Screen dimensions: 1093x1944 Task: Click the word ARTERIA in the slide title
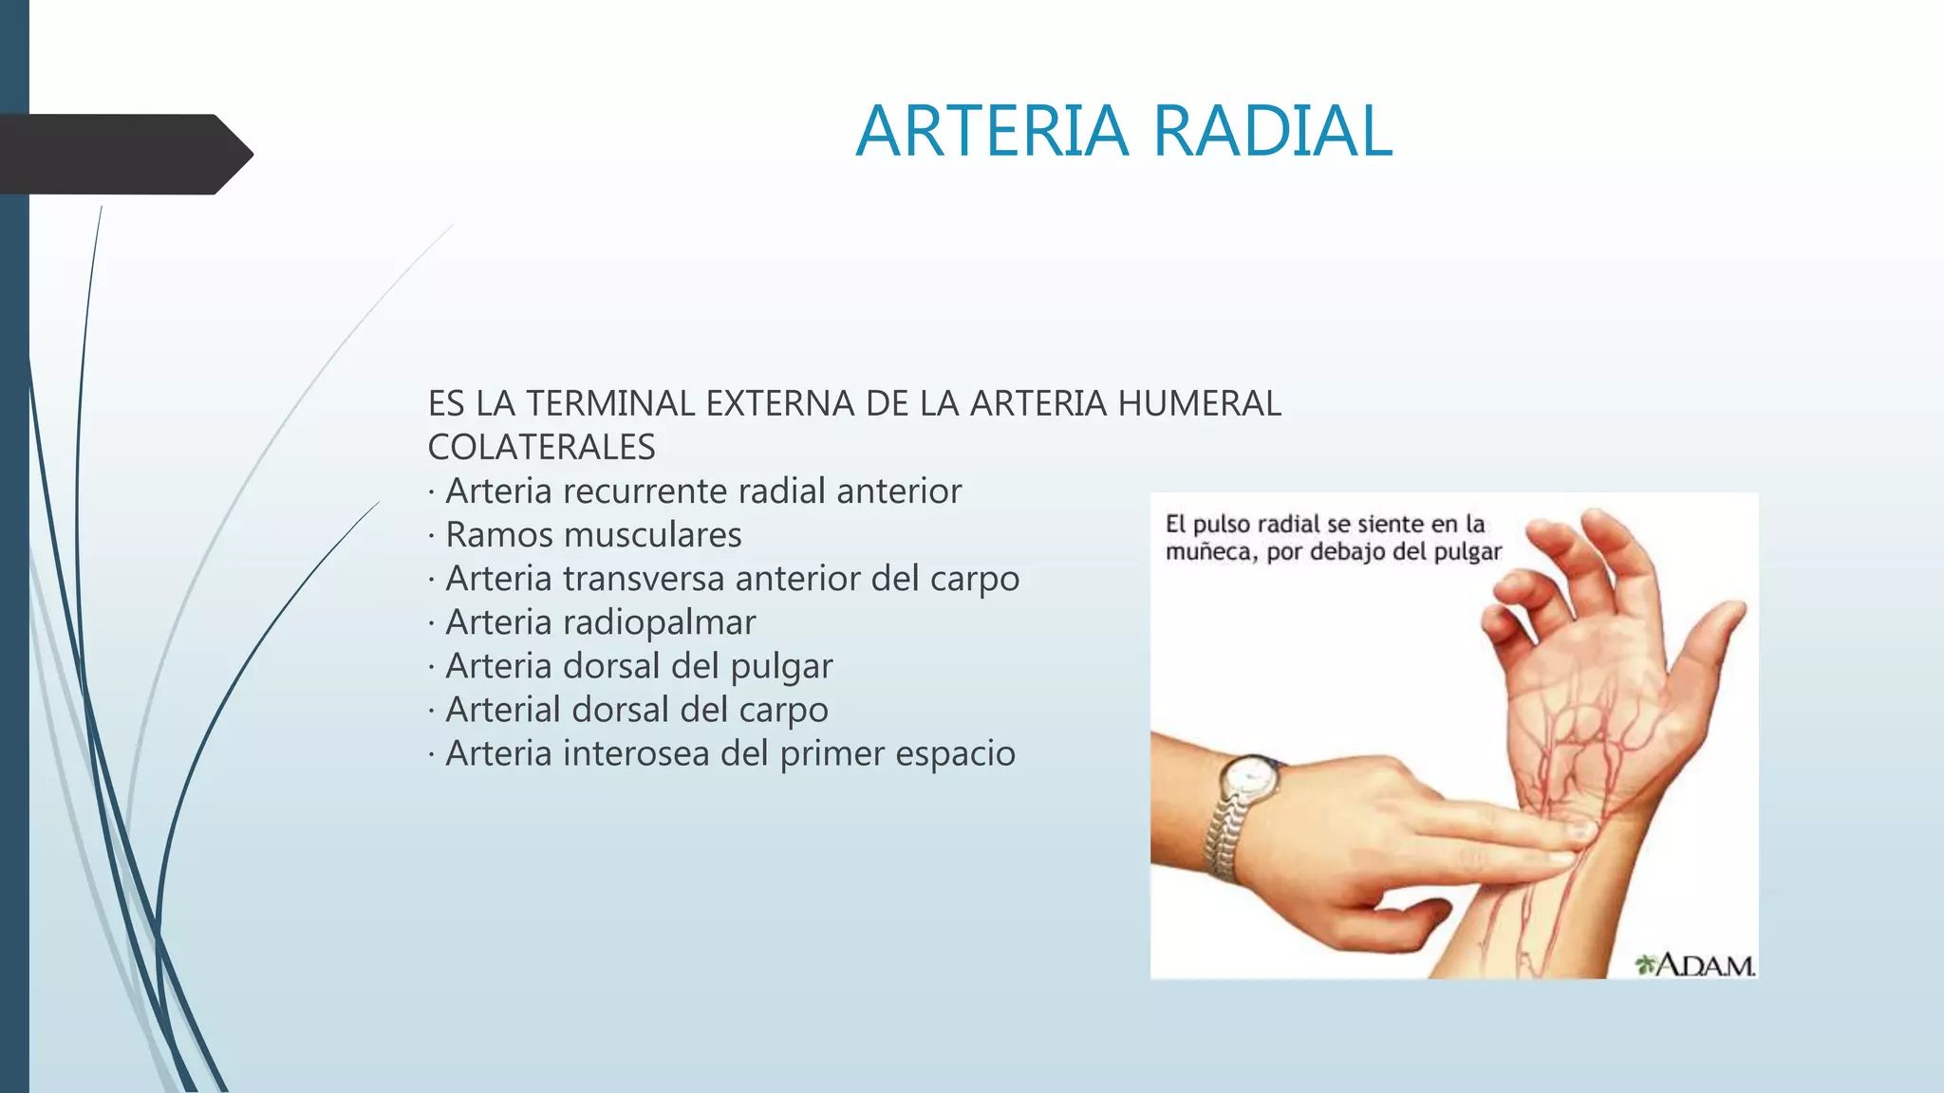click(x=992, y=131)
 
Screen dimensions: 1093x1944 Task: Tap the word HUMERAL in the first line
click(x=1199, y=404)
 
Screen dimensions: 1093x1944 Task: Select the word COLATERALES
click(x=541, y=448)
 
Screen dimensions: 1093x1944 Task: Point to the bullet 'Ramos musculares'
click(x=593, y=535)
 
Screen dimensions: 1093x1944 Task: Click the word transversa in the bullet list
click(x=644, y=579)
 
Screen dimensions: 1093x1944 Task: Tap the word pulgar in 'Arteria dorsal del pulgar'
click(x=781, y=667)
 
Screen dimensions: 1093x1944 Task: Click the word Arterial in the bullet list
click(x=502, y=710)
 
